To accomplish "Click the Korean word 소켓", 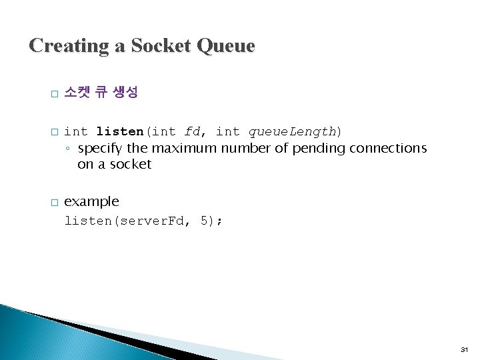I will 78,93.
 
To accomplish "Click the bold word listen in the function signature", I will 120,131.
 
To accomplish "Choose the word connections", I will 387,147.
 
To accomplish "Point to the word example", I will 91,201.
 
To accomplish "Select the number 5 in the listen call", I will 204,221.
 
